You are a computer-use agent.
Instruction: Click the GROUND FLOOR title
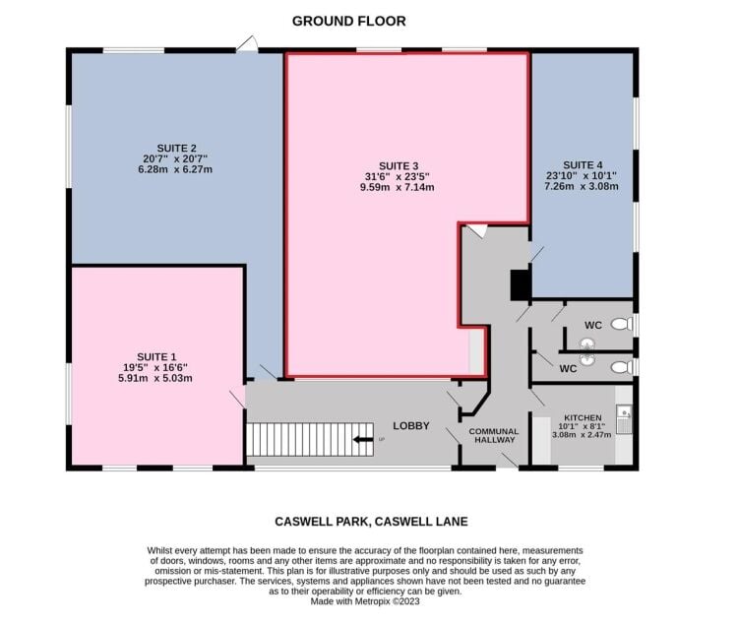coord(348,22)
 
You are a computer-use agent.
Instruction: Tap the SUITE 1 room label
coord(156,356)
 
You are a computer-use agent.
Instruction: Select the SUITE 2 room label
coord(176,149)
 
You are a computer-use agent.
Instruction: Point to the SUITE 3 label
coord(399,166)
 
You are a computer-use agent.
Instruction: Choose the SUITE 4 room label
coord(583,165)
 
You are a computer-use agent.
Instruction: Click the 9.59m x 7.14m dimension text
coord(398,187)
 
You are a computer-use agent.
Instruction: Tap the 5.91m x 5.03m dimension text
coord(155,378)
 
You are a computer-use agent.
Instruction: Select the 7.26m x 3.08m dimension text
coord(582,186)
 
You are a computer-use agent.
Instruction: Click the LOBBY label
coord(411,426)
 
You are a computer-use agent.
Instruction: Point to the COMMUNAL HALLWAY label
coord(494,435)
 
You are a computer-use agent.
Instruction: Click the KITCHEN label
coord(583,417)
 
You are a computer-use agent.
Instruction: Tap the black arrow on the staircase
coord(363,440)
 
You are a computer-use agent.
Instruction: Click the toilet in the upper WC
coord(622,324)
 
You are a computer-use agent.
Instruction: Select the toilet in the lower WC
coord(622,367)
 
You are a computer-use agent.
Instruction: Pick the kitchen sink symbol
coord(624,419)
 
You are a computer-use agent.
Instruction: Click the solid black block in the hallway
coord(521,284)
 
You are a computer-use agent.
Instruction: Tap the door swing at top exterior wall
coord(247,43)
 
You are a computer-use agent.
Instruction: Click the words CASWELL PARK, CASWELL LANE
coord(371,522)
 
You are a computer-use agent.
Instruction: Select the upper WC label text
coord(593,325)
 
